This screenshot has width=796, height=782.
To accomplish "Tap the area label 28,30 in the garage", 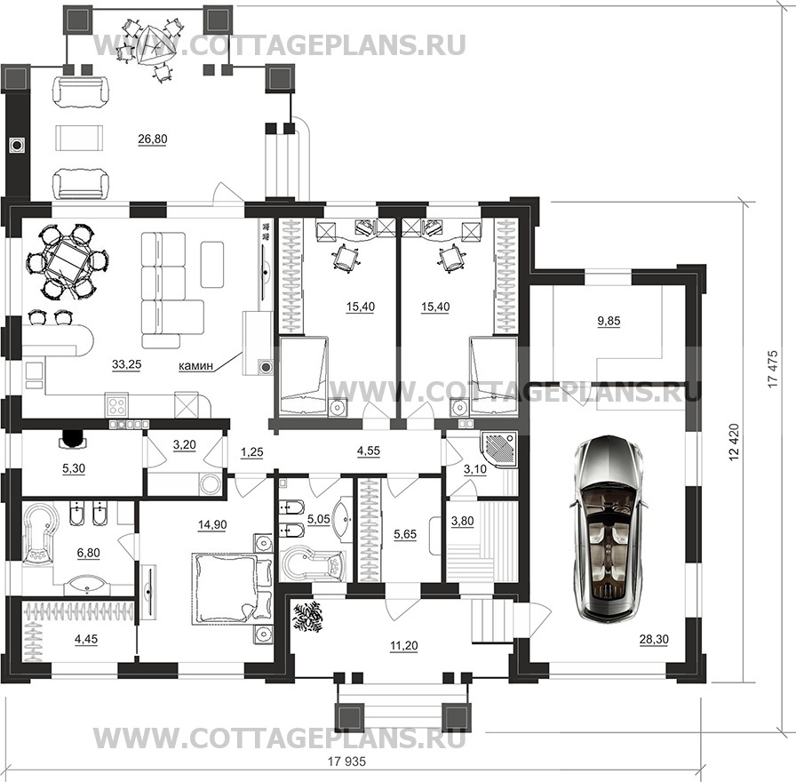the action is [x=654, y=640].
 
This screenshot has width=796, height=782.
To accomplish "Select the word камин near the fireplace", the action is [x=195, y=365].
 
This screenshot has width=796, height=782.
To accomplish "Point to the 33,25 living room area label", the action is [x=126, y=364].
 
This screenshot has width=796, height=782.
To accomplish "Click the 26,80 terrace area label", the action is [x=152, y=139].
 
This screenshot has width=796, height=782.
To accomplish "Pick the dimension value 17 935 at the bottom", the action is [x=346, y=762].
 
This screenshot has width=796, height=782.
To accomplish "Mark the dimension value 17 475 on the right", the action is [x=773, y=370].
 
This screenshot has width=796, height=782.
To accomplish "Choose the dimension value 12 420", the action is [x=734, y=443].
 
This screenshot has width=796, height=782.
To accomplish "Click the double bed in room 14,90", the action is [x=232, y=589].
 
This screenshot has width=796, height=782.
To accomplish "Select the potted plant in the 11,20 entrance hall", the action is [x=307, y=617].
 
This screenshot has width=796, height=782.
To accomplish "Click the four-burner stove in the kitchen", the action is [x=117, y=406].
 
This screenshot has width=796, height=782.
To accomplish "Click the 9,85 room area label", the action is [x=609, y=321].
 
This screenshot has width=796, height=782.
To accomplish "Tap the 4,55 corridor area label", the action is [x=369, y=451].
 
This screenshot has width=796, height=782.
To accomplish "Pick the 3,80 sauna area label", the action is [x=463, y=521].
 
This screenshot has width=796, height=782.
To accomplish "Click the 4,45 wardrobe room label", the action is [x=86, y=639].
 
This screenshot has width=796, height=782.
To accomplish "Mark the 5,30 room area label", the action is [x=74, y=468].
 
